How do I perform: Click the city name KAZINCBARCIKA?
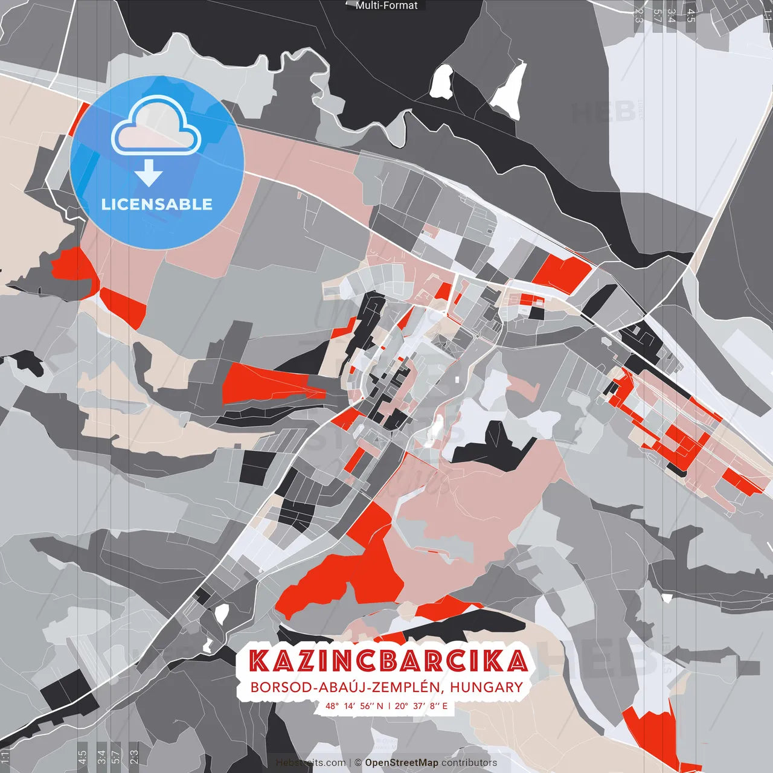(x=388, y=661)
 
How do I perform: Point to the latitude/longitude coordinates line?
(x=386, y=705)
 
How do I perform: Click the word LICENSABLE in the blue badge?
(x=157, y=204)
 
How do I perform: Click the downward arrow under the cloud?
(x=149, y=173)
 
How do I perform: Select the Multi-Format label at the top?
(x=386, y=5)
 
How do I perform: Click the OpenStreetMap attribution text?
(x=401, y=763)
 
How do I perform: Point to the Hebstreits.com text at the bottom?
(x=311, y=763)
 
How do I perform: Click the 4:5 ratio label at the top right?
(x=691, y=16)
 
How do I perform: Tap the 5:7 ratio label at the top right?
(x=657, y=16)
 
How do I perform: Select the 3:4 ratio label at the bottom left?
(x=101, y=757)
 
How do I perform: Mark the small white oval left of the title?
(x=222, y=614)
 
